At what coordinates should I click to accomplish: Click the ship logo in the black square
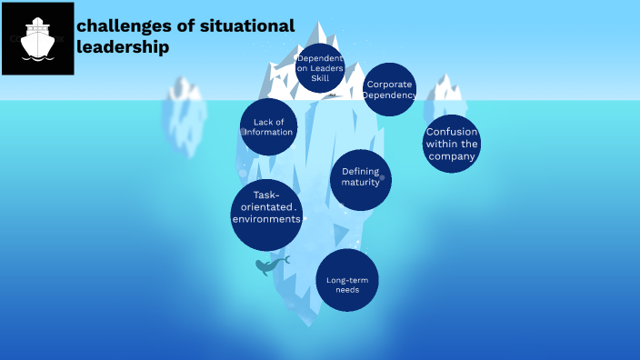(37, 39)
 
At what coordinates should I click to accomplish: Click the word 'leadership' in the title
(123, 47)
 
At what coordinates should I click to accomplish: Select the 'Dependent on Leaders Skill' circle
(320, 68)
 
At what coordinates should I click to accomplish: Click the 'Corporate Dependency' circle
(390, 89)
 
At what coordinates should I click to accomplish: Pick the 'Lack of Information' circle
(269, 126)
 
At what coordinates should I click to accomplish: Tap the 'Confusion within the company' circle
(452, 144)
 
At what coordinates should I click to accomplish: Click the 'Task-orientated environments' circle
(266, 215)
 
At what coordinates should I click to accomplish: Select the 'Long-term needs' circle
(347, 280)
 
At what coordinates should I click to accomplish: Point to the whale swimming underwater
(270, 265)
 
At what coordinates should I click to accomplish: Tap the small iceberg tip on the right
(446, 89)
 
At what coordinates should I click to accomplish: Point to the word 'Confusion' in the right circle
(452, 132)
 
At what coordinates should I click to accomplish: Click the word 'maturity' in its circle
(360, 183)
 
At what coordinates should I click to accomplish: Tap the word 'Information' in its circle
(269, 132)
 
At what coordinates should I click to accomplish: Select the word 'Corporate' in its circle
(390, 85)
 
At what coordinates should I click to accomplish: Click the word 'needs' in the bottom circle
(347, 290)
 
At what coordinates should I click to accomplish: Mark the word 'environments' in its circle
(266, 219)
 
